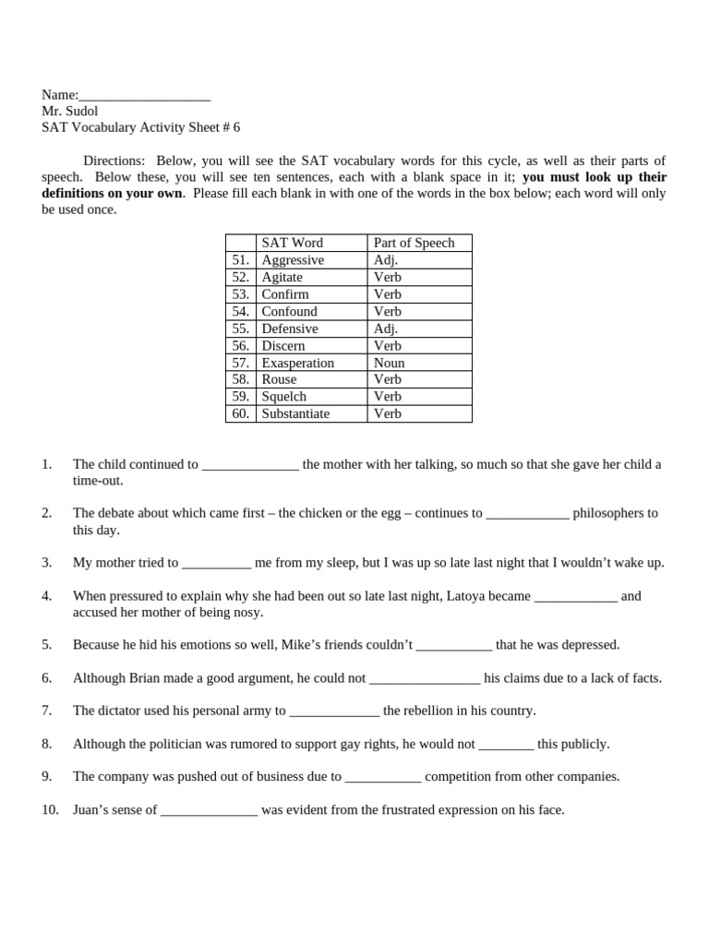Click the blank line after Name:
tap(145, 96)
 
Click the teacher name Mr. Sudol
tap(69, 111)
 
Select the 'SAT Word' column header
tap(292, 243)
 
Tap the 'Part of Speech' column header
tap(414, 243)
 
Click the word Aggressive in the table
tap(293, 260)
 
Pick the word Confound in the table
tap(289, 311)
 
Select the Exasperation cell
tap(297, 363)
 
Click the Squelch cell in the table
tap(283, 397)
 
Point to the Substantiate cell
tap(295, 413)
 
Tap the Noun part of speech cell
tap(389, 363)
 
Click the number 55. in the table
tap(241, 329)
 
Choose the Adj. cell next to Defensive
tap(386, 329)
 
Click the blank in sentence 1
tap(250, 465)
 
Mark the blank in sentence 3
tap(216, 563)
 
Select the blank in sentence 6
tap(425, 678)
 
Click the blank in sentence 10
tap(209, 810)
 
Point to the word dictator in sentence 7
tap(124, 711)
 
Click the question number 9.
tap(47, 777)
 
